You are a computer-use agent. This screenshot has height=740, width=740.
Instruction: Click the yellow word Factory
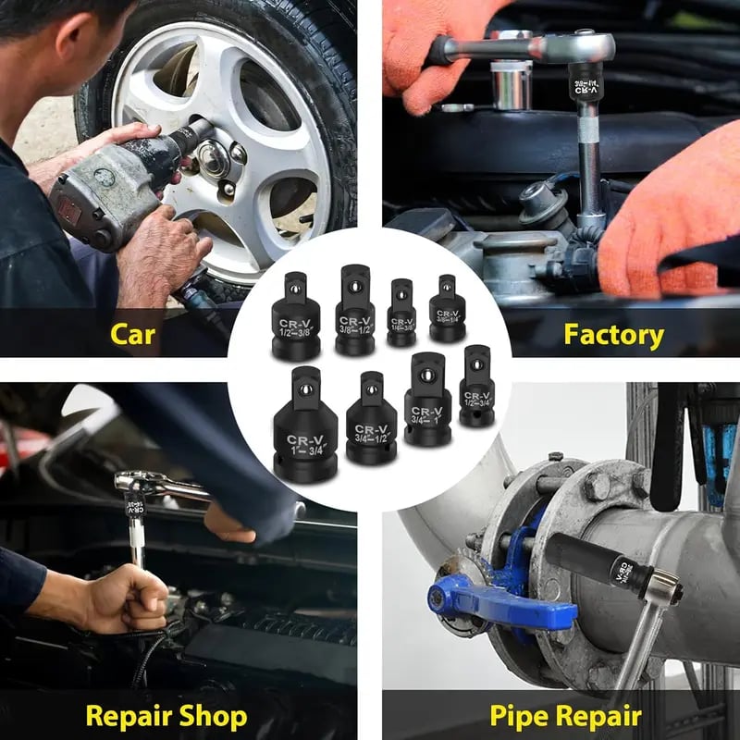click(613, 334)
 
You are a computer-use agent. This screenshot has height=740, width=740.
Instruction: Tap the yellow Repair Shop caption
click(166, 715)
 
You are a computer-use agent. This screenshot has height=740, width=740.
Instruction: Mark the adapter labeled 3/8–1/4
click(448, 309)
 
